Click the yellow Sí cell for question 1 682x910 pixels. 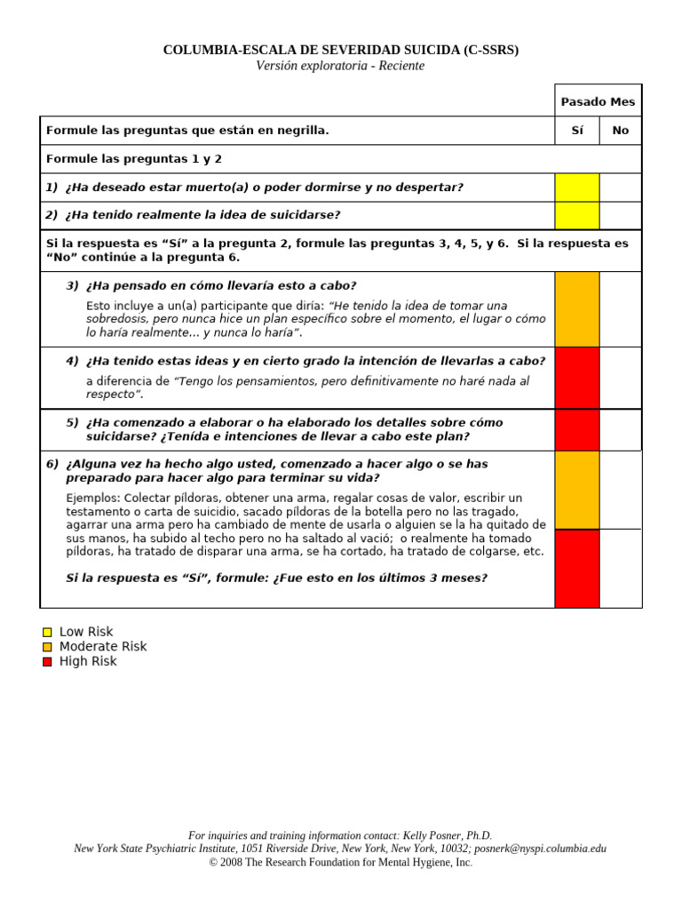point(577,188)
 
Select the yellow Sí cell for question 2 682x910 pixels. point(577,215)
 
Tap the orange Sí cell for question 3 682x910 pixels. point(577,309)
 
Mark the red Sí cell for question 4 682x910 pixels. point(577,378)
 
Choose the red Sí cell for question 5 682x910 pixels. point(577,430)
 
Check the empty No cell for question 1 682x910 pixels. point(620,188)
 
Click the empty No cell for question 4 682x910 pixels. point(620,378)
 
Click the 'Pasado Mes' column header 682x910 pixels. point(598,102)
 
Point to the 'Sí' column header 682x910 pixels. point(577,131)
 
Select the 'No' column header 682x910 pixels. point(620,131)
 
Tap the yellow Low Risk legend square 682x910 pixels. point(47,633)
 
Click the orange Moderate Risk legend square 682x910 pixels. point(47,647)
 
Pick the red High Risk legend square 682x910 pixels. point(47,662)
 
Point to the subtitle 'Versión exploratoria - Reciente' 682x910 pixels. point(340,67)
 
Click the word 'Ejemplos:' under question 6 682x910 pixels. point(93,498)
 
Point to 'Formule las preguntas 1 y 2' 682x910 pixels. point(134,159)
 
